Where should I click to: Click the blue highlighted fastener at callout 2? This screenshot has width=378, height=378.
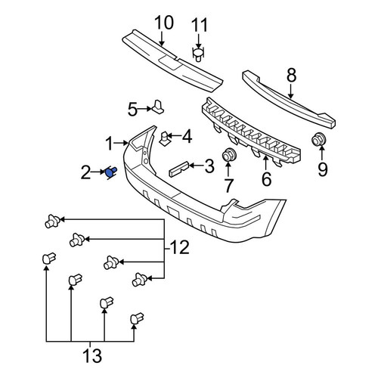(x=110, y=173)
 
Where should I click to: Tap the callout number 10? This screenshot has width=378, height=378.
(x=164, y=23)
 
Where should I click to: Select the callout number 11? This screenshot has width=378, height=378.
(x=200, y=25)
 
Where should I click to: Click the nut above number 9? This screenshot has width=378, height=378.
(x=318, y=139)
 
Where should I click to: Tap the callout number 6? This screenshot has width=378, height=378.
(x=266, y=178)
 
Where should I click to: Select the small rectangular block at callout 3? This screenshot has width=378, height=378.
(x=178, y=169)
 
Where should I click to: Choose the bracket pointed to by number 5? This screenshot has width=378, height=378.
(x=159, y=107)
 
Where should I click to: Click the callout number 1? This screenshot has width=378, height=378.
(x=109, y=144)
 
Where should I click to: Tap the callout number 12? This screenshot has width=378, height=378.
(x=179, y=247)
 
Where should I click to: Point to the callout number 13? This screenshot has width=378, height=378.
(x=92, y=355)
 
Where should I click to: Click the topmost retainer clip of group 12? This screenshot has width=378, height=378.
(x=52, y=222)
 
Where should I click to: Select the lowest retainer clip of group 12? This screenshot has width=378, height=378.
(x=140, y=280)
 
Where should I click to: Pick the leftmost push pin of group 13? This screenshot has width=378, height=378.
(x=49, y=259)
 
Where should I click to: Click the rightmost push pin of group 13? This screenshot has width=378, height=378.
(x=137, y=319)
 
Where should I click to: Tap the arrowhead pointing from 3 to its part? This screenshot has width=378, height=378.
(x=191, y=166)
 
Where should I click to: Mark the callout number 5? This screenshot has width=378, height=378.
(x=132, y=110)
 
